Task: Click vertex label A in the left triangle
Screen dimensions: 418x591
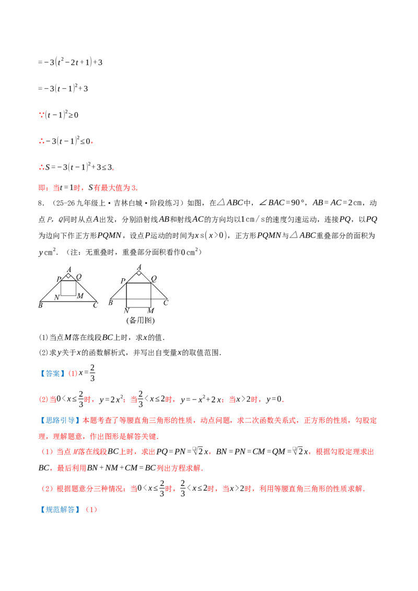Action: click(69, 269)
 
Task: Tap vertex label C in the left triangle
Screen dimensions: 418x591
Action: click(96, 305)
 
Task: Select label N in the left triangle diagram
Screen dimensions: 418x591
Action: click(57, 298)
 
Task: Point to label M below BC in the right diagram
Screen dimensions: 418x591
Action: click(150, 311)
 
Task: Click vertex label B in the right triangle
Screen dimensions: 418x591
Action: click(111, 303)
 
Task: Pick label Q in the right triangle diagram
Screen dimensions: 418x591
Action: click(154, 279)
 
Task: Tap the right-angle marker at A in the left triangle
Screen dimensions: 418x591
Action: click(68, 276)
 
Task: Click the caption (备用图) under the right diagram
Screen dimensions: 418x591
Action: click(141, 321)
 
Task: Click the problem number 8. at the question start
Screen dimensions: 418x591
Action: click(41, 203)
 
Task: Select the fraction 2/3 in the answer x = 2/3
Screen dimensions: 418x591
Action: click(92, 373)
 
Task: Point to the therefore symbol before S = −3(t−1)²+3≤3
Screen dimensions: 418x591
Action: click(41, 168)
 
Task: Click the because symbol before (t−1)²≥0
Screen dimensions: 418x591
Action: click(41, 115)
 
